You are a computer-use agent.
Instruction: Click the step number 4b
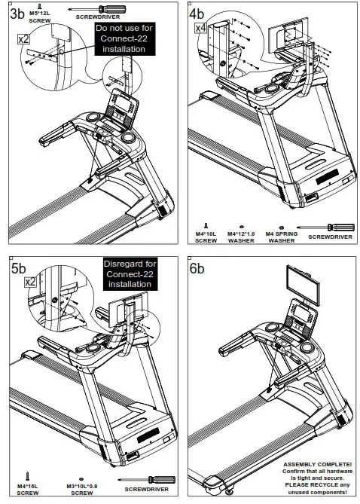point(197,14)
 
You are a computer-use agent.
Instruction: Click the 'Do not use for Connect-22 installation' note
point(124,38)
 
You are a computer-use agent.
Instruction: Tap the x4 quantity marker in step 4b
point(200,28)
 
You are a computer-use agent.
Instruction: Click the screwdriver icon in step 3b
point(95,5)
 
